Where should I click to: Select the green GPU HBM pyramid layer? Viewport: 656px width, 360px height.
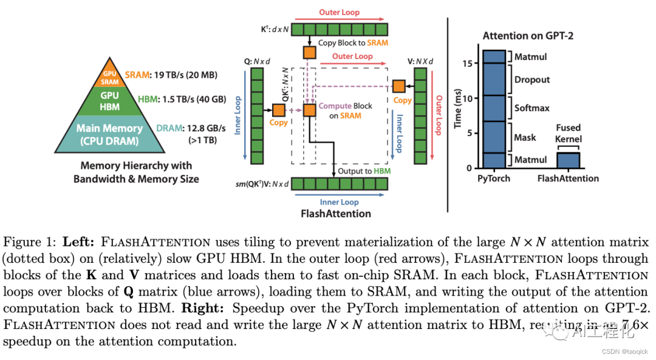click(x=109, y=101)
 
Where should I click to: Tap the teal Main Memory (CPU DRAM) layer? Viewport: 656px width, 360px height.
click(x=109, y=135)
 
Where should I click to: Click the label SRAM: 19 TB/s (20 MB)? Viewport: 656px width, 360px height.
click(x=171, y=75)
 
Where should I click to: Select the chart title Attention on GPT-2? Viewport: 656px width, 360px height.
click(x=528, y=36)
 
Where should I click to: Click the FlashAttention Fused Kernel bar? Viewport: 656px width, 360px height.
click(x=569, y=160)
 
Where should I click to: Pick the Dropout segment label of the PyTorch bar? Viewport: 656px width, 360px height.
click(x=531, y=80)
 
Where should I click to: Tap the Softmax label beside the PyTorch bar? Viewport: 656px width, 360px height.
click(x=531, y=108)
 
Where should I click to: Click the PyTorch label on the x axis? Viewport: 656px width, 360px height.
click(x=494, y=178)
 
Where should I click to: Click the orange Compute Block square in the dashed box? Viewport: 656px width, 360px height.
click(x=310, y=110)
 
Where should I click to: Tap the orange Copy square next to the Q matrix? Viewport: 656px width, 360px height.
click(x=279, y=110)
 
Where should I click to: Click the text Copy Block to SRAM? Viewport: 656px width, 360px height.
click(x=353, y=43)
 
